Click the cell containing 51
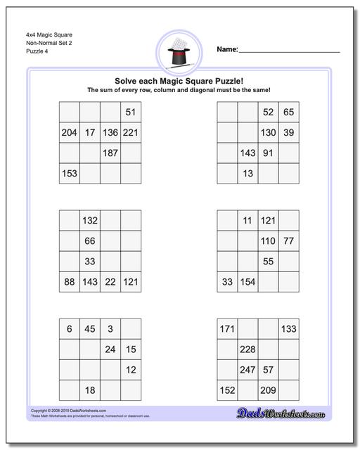coord(130,112)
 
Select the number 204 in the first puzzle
coord(70,132)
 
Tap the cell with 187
coord(110,153)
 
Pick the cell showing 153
coord(70,173)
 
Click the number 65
coord(288,112)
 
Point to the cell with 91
coord(268,153)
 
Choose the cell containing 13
coord(247,173)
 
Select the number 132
coord(90,220)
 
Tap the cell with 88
coord(70,281)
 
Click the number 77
coord(288,240)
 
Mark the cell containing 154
coord(247,281)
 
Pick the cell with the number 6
coord(70,328)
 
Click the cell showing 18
coord(90,390)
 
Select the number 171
coord(227,328)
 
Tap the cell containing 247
coord(247,369)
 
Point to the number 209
coord(268,390)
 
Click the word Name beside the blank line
coord(226,49)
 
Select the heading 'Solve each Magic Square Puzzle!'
coord(179,80)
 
